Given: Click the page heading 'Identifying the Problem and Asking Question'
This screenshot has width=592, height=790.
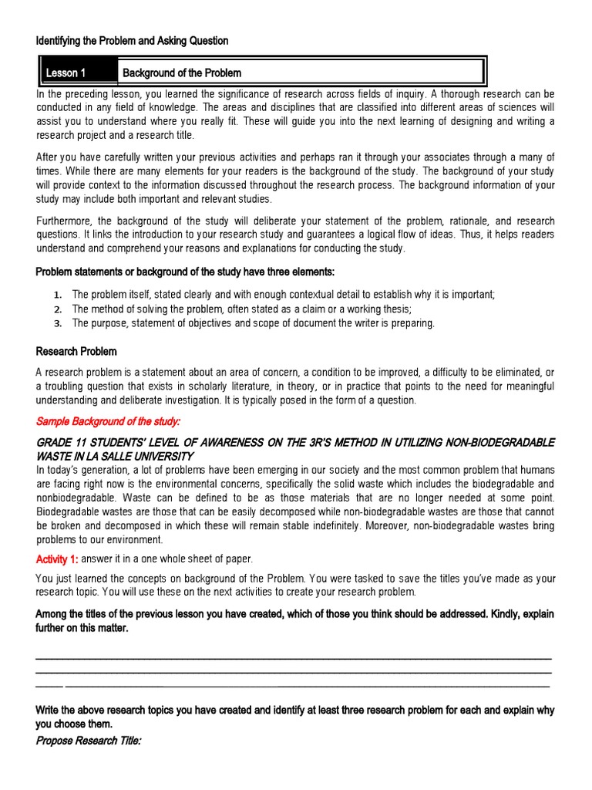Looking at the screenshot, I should click(x=132, y=40).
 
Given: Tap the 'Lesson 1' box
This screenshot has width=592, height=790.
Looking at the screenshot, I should click(x=66, y=73).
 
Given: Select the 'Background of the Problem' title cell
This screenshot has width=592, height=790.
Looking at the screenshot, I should click(x=181, y=73).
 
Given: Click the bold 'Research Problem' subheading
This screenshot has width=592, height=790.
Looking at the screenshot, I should click(x=76, y=351).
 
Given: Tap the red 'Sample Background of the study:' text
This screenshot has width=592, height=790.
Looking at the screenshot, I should click(x=108, y=421).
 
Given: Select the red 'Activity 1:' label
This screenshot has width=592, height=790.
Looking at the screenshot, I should click(x=57, y=559).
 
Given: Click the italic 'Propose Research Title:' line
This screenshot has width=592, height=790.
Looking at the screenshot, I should click(x=89, y=741).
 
